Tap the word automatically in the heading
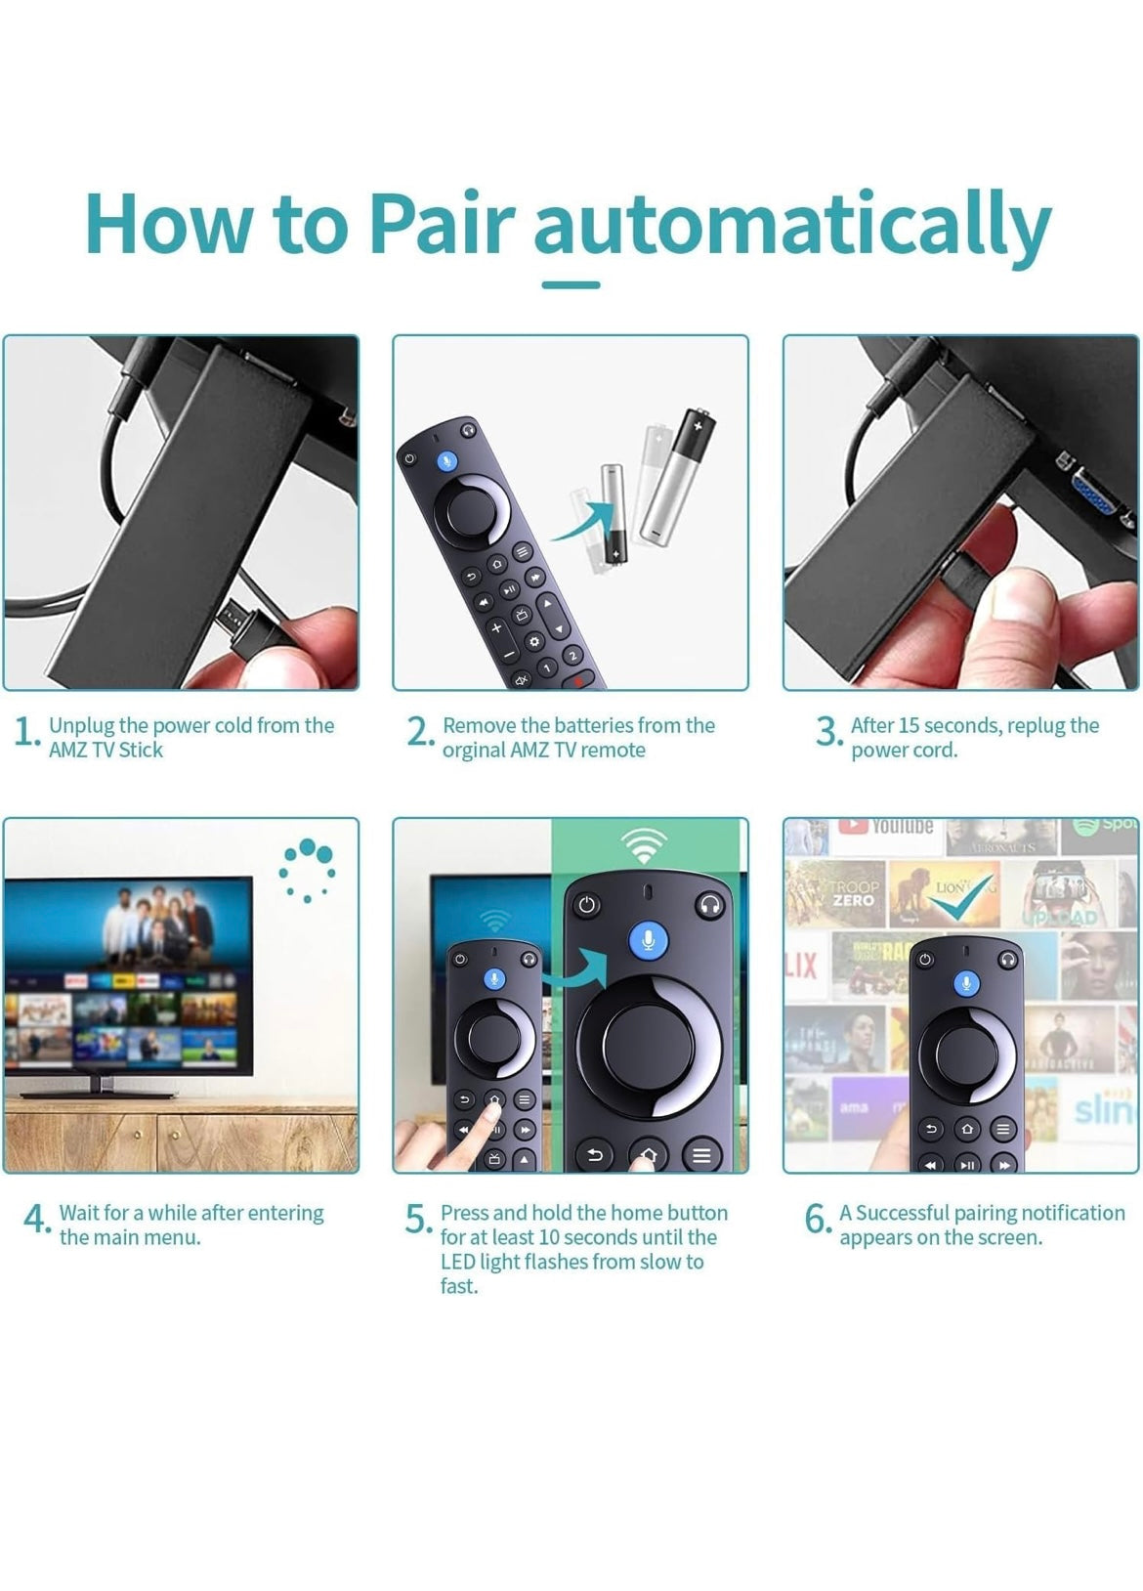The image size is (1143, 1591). tap(792, 228)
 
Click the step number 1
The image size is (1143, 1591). tap(24, 732)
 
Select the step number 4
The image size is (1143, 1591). tap(35, 1219)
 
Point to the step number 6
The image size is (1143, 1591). tap(817, 1219)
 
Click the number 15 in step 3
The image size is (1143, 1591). tap(909, 725)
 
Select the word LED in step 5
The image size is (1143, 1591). tap(457, 1262)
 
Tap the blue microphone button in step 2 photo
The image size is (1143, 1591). tap(446, 461)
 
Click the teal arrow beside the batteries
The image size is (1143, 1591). tap(584, 520)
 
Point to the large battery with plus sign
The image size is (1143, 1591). tap(678, 477)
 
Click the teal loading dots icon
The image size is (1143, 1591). tap(307, 871)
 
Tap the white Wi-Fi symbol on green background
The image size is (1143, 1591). tap(643, 844)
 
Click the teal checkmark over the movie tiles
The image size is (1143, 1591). tap(962, 896)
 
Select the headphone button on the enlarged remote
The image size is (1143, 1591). tap(709, 906)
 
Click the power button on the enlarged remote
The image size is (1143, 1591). tap(586, 906)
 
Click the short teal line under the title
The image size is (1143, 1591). tap(571, 284)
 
